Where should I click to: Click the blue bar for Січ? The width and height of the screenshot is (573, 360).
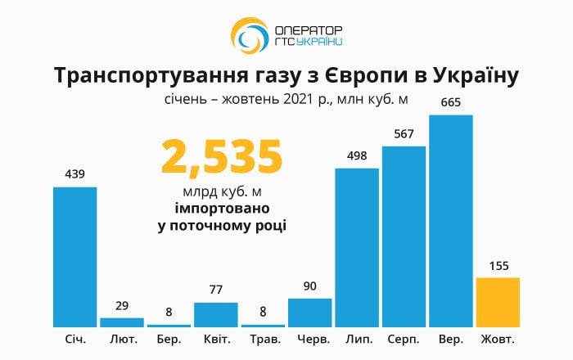75,257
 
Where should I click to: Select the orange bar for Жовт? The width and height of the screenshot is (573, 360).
498,302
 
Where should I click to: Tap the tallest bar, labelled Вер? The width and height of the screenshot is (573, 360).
451,221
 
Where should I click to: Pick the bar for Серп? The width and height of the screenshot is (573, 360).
404,236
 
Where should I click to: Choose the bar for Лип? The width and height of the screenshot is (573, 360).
357,247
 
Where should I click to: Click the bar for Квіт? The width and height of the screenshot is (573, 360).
216,314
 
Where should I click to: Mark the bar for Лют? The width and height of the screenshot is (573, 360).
122,322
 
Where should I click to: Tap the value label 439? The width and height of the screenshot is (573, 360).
75,174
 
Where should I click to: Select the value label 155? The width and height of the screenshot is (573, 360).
498,265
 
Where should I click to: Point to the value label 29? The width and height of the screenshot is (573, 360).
122,305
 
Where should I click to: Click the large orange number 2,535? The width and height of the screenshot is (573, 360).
222,156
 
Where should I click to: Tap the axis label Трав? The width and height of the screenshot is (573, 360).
263,339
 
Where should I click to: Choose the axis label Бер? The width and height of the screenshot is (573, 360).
169,339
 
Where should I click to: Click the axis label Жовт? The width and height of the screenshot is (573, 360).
498,339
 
